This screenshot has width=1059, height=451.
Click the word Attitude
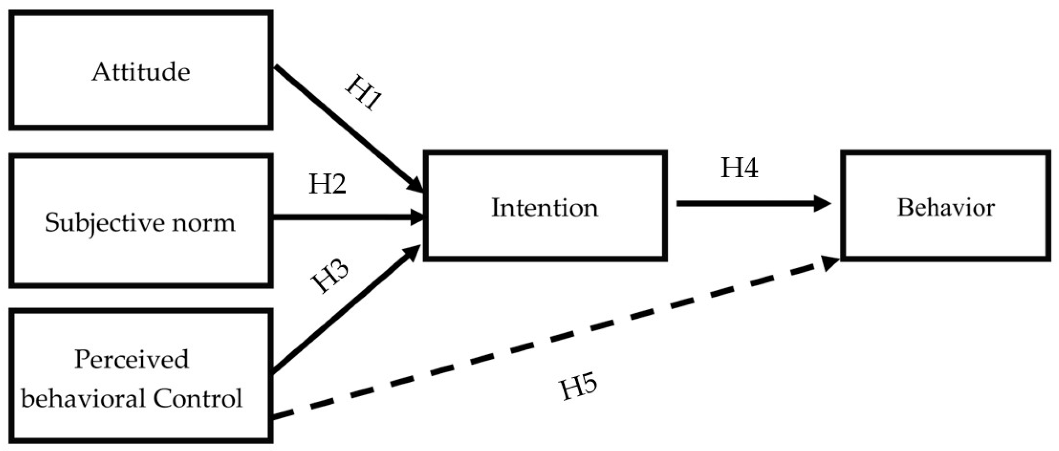[x=141, y=72]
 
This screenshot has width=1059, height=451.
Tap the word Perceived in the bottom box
[x=132, y=359]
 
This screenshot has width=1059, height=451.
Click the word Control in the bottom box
[x=198, y=398]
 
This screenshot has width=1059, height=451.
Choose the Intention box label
[x=545, y=208]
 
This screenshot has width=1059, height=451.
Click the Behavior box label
[x=946, y=208]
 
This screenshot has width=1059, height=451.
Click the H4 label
[x=739, y=168]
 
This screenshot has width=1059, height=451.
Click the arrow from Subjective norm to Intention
[x=345, y=217]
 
